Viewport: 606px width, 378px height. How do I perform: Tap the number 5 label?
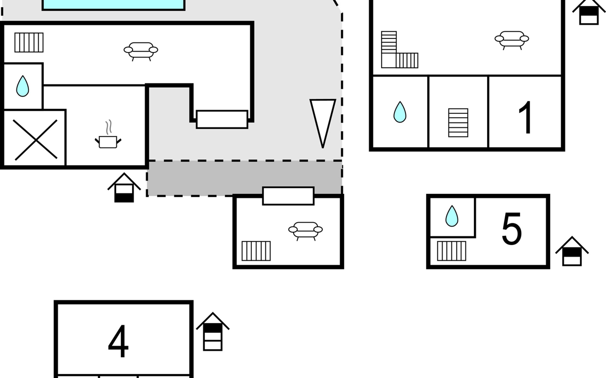tap(511, 228)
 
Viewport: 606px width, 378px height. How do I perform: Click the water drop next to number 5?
tap(452, 216)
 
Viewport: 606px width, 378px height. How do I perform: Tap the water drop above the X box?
tap(22, 86)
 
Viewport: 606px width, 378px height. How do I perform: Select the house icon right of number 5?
tap(572, 251)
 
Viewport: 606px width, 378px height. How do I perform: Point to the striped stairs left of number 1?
tap(458, 123)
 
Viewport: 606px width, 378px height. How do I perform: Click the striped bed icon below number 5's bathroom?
tap(452, 251)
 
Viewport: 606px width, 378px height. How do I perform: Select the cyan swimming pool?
tap(113, 5)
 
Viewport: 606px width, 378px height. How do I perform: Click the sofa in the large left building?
tap(141, 51)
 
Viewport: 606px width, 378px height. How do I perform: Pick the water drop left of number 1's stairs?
tap(400, 112)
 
